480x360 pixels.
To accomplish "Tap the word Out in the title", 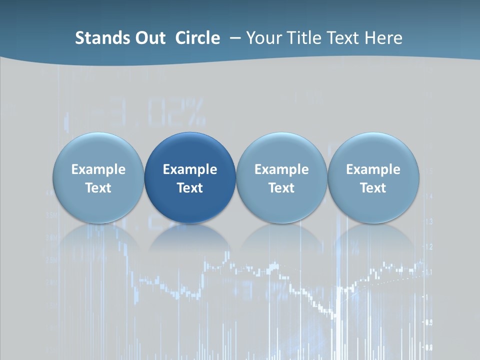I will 152,38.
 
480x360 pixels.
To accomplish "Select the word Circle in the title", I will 197,38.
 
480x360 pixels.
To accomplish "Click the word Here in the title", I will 383,38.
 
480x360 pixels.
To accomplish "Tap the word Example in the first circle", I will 98,169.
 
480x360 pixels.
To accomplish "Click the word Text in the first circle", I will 98,188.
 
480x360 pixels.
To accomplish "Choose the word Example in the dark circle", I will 190,169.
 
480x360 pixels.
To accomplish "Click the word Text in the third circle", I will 281,188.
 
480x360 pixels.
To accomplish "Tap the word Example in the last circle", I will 373,169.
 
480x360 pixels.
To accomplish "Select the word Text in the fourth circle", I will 373,188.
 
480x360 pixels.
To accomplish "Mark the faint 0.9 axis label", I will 428,322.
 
